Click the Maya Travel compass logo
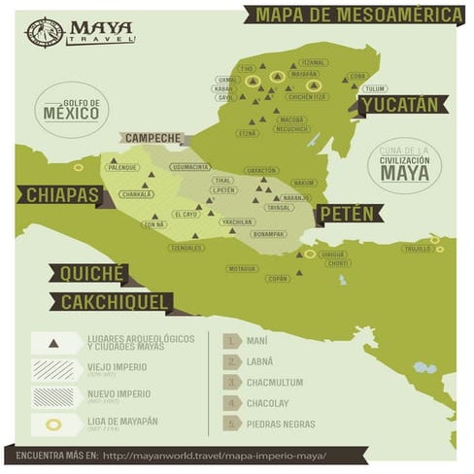(x=44, y=32)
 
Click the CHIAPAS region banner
(x=61, y=195)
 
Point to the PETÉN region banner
(x=347, y=213)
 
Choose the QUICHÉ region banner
(x=92, y=274)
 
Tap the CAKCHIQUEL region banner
(x=115, y=303)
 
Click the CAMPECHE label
(x=153, y=139)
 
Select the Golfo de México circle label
(x=70, y=110)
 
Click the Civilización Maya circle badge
(x=404, y=166)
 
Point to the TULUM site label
(x=375, y=88)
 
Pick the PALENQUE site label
(x=122, y=167)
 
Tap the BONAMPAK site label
(x=267, y=234)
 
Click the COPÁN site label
(x=278, y=279)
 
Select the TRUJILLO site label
(x=418, y=249)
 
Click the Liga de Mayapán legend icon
(x=52, y=424)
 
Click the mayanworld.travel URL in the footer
(x=215, y=456)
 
